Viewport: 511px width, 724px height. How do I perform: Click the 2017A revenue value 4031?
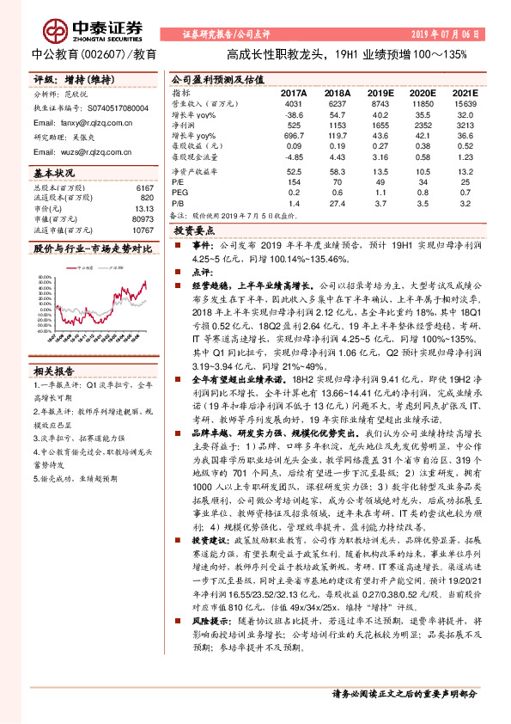(x=295, y=104)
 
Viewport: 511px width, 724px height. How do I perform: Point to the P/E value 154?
(x=295, y=182)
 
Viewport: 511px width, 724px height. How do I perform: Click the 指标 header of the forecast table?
(x=181, y=93)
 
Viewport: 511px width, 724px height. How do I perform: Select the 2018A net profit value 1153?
(x=337, y=124)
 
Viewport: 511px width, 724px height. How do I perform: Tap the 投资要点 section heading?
(x=194, y=231)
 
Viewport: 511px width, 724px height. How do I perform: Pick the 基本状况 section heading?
(x=54, y=172)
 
